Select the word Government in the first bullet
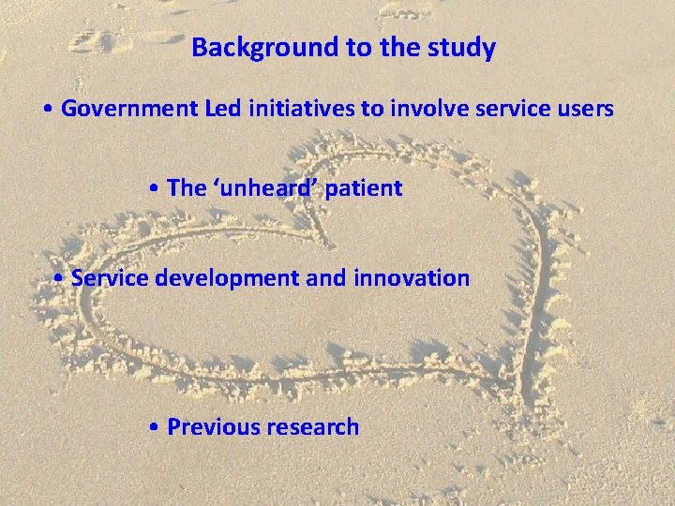tap(128, 110)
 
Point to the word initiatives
tap(298, 110)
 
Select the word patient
tap(364, 188)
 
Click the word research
tap(312, 427)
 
